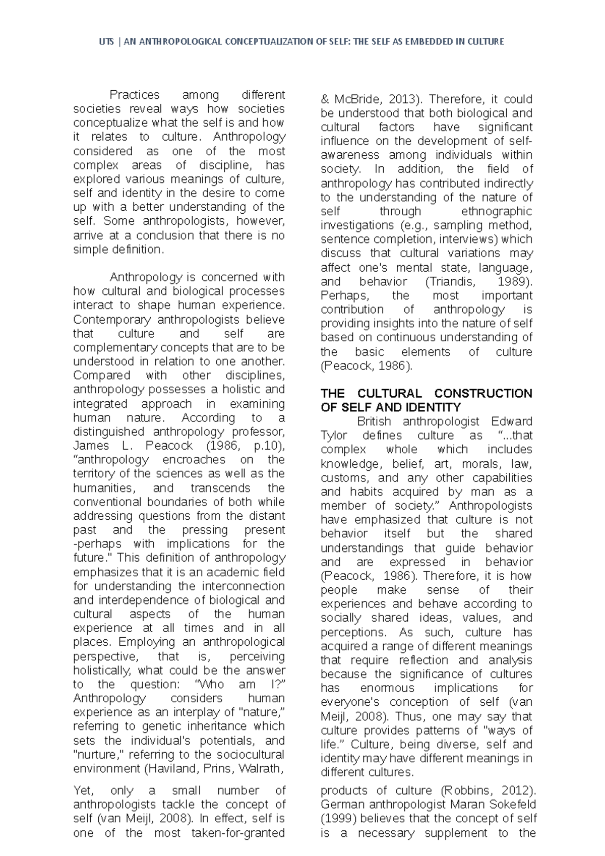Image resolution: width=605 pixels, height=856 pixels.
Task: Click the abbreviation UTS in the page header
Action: click(106, 42)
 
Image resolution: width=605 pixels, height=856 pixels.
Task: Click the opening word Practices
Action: click(135, 95)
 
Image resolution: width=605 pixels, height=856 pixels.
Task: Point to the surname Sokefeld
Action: click(511, 805)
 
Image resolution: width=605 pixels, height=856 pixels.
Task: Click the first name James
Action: click(91, 446)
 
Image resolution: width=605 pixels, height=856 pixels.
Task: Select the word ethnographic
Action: click(497, 211)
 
